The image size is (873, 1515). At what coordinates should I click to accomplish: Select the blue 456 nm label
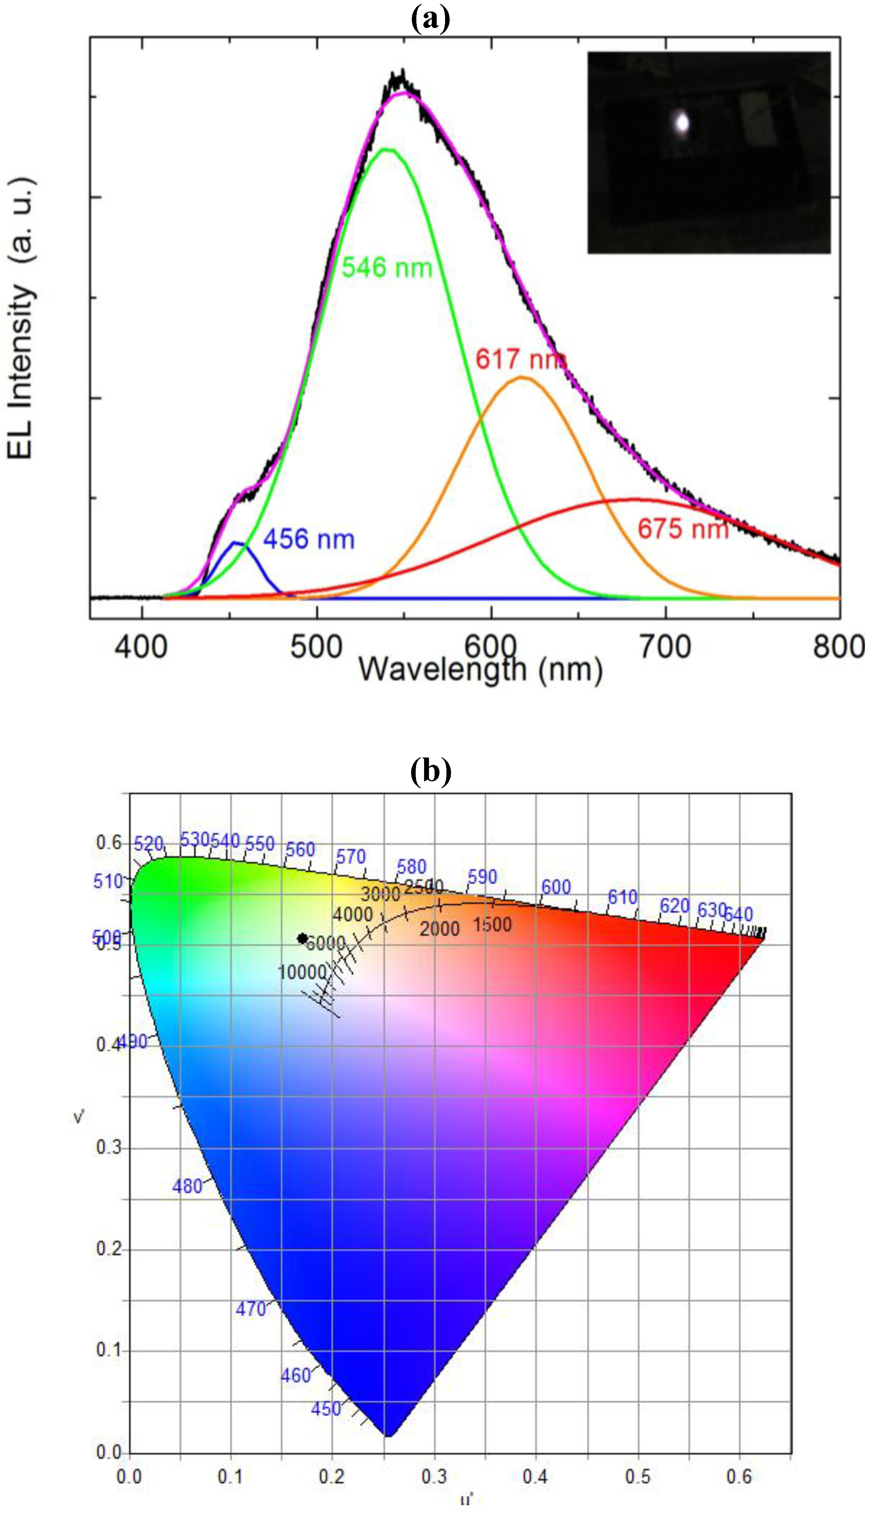point(309,539)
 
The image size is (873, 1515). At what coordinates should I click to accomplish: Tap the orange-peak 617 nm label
point(520,359)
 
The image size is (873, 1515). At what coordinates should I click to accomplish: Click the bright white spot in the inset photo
point(682,123)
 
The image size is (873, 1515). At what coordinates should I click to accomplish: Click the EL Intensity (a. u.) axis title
point(22,318)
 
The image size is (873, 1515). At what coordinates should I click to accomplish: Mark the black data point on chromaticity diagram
point(303,938)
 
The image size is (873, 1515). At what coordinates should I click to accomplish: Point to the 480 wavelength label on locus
point(187,1186)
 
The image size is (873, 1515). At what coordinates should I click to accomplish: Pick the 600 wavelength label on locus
point(556,887)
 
